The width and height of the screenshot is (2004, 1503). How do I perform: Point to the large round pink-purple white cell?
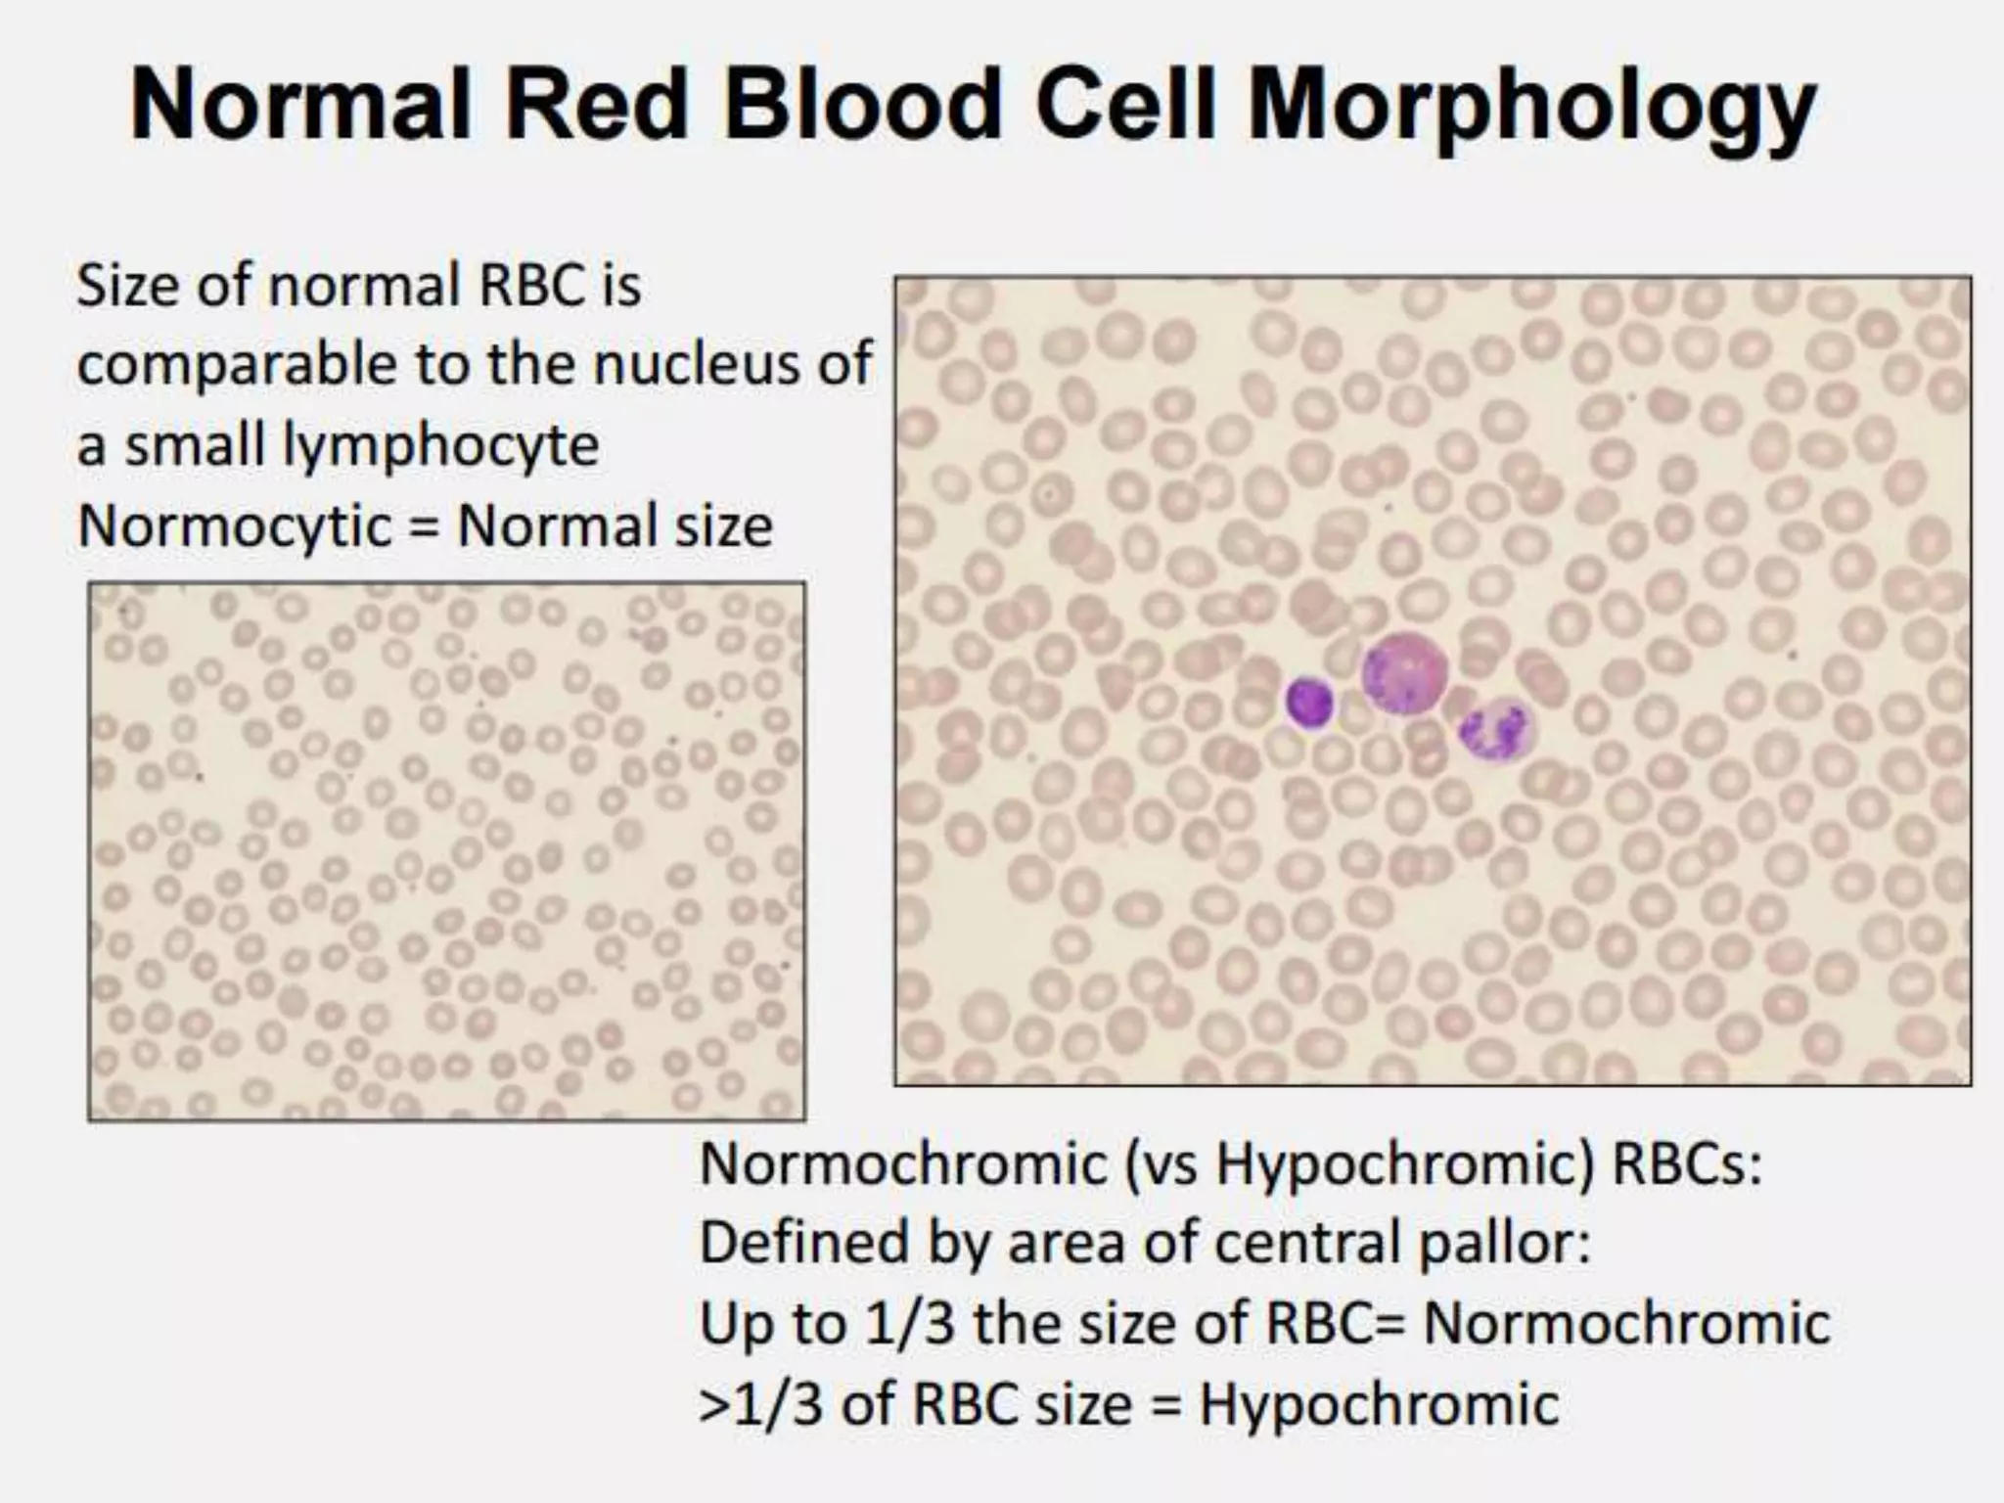pyautogui.click(x=1404, y=673)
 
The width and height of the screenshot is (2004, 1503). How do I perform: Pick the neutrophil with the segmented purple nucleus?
pyautogui.click(x=1494, y=731)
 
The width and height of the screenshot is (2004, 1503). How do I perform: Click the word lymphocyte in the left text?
pyautogui.click(x=439, y=447)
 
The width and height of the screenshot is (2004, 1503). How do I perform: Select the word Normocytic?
pyautogui.click(x=235, y=526)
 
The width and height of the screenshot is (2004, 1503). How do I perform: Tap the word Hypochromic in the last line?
pyautogui.click(x=1379, y=1404)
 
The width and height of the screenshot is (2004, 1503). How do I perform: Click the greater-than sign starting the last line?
pyautogui.click(x=711, y=1406)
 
